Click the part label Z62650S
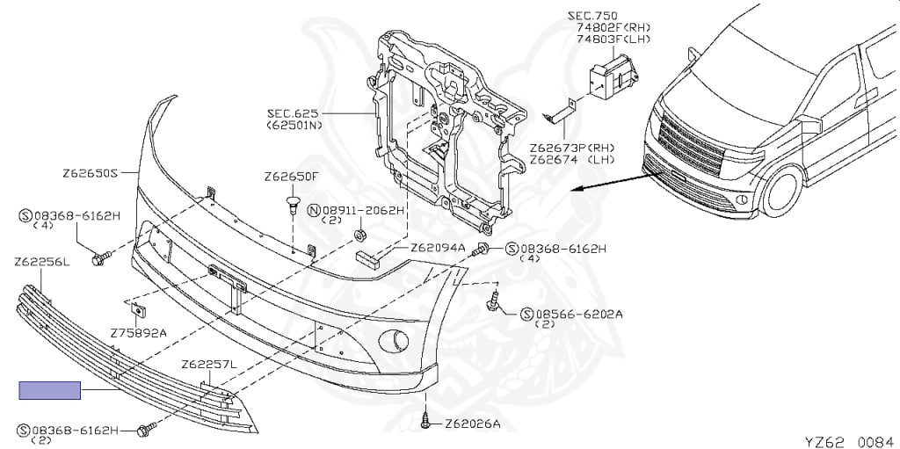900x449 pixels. (90, 173)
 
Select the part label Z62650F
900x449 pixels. (291, 177)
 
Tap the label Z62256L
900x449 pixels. (42, 261)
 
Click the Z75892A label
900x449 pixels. (138, 333)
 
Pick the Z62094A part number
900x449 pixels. (438, 248)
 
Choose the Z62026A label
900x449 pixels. (472, 424)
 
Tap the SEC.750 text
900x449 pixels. (592, 16)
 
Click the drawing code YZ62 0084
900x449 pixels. (849, 439)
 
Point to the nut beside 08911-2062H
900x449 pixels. (360, 235)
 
